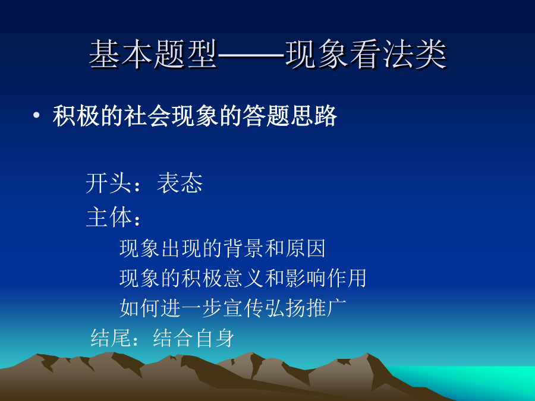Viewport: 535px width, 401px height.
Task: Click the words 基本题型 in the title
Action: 153,54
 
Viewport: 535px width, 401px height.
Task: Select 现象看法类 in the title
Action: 366,54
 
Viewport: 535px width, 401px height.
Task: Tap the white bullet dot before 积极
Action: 36,116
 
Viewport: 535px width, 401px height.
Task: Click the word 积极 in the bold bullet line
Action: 76,116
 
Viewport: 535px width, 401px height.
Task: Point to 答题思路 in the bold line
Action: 289,116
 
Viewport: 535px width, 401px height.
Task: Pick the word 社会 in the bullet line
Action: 147,116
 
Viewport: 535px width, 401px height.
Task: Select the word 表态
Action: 180,183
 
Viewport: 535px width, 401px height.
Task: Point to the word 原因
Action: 305,248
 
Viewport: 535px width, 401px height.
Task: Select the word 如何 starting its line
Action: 140,308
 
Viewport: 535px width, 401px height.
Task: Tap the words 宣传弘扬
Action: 264,308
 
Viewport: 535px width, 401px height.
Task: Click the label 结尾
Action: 111,338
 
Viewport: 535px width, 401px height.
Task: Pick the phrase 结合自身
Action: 194,338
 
